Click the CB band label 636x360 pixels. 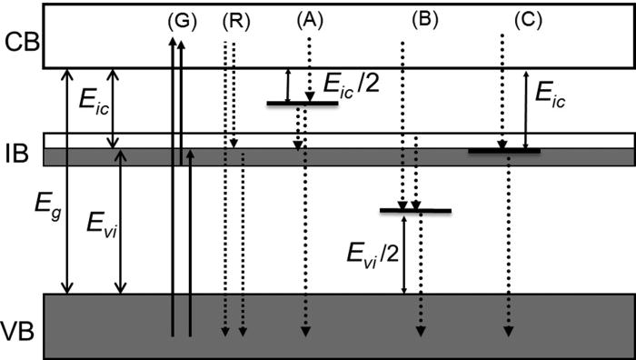coord(20,42)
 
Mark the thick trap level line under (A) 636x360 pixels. coord(302,104)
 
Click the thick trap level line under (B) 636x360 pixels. coord(415,211)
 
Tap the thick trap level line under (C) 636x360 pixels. coord(504,150)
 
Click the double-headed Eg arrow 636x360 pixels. coord(64,182)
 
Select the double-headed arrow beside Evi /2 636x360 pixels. coord(402,254)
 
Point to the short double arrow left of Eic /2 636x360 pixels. coord(288,85)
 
